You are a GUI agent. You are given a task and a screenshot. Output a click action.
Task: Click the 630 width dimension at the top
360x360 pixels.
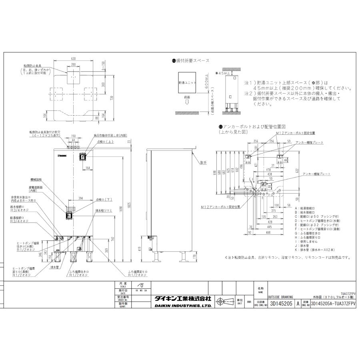[x=73, y=58]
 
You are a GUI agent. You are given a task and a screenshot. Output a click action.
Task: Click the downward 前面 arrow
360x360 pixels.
[x=187, y=103]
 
